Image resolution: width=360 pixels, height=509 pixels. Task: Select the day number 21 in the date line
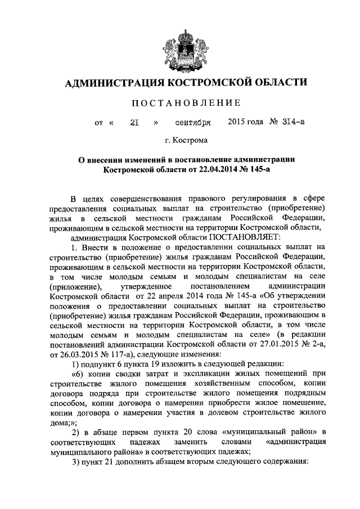[135, 121]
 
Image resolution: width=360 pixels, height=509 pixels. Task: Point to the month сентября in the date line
[193, 121]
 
